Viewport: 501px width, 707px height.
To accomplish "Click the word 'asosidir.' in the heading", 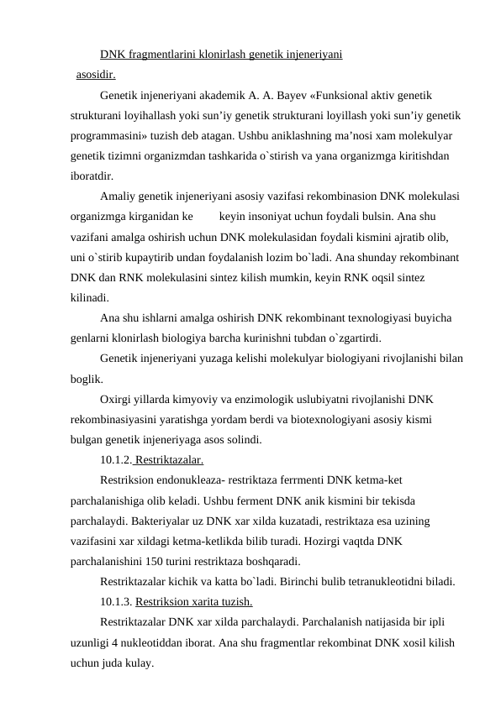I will click(96, 74).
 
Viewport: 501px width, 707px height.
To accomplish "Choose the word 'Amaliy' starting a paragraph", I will click(116, 196).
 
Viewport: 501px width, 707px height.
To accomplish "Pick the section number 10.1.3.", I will click(116, 602).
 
